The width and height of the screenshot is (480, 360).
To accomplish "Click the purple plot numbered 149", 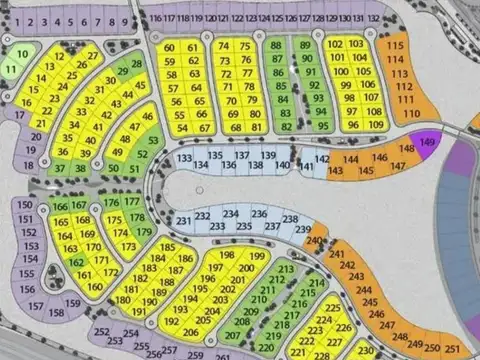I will pyautogui.click(x=428, y=143).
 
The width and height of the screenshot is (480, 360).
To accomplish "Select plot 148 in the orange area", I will pyautogui.click(x=406, y=149).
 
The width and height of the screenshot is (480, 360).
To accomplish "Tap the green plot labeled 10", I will pyautogui.click(x=22, y=53).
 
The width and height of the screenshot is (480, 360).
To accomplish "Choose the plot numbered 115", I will pyautogui.click(x=396, y=46).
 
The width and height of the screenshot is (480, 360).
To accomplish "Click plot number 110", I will pyautogui.click(x=411, y=114).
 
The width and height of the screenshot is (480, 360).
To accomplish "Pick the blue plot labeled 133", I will pyautogui.click(x=184, y=158).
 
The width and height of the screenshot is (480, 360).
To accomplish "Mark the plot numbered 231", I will pyautogui.click(x=183, y=220).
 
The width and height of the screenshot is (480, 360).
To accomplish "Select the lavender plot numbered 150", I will pyautogui.click(x=25, y=205).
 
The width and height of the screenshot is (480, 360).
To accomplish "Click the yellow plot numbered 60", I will pyautogui.click(x=169, y=48).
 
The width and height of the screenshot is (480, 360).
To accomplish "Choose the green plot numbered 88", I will pyautogui.click(x=277, y=46).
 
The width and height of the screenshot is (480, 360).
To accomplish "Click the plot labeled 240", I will pyautogui.click(x=317, y=241).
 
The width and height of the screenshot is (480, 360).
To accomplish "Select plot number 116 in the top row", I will pyautogui.click(x=155, y=18).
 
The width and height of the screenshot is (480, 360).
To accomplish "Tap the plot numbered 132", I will pyautogui.click(x=373, y=18).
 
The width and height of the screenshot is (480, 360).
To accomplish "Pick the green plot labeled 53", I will pyautogui.click(x=154, y=141).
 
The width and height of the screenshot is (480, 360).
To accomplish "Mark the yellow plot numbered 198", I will pyautogui.click(x=227, y=256).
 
